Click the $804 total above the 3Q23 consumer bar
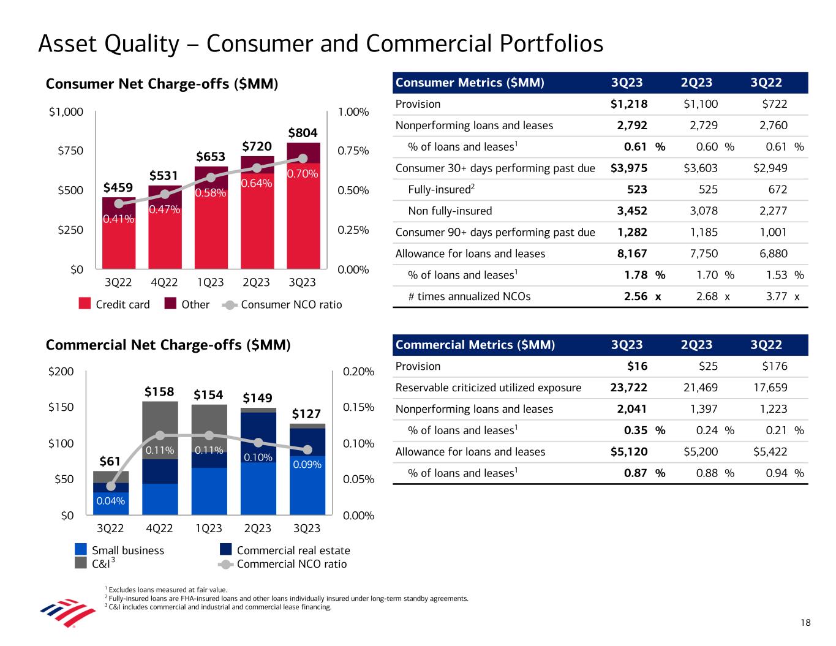[304, 133]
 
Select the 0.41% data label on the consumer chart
[118, 219]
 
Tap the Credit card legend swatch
[85, 304]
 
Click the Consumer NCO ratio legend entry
[291, 304]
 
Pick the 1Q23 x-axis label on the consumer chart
[210, 283]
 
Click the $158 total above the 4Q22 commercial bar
[159, 391]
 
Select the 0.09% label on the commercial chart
[307, 465]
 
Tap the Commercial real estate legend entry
[293, 550]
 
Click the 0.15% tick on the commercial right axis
[358, 407]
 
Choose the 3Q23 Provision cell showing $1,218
[629, 104]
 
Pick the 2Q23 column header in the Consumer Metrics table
[696, 83]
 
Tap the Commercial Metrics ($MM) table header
[475, 345]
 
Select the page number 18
[805, 623]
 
